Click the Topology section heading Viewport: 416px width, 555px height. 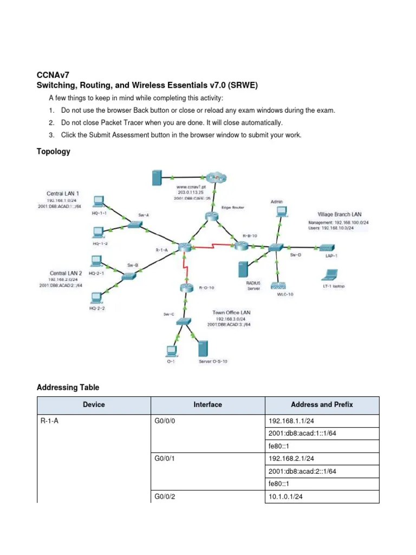(53, 151)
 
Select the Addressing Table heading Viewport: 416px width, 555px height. (68, 388)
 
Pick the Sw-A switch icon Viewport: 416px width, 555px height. (132, 223)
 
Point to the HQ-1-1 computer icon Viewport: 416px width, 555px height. (98, 202)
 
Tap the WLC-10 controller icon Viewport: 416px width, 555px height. (278, 285)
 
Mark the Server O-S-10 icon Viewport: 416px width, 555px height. (204, 348)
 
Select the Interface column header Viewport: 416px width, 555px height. (207, 404)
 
